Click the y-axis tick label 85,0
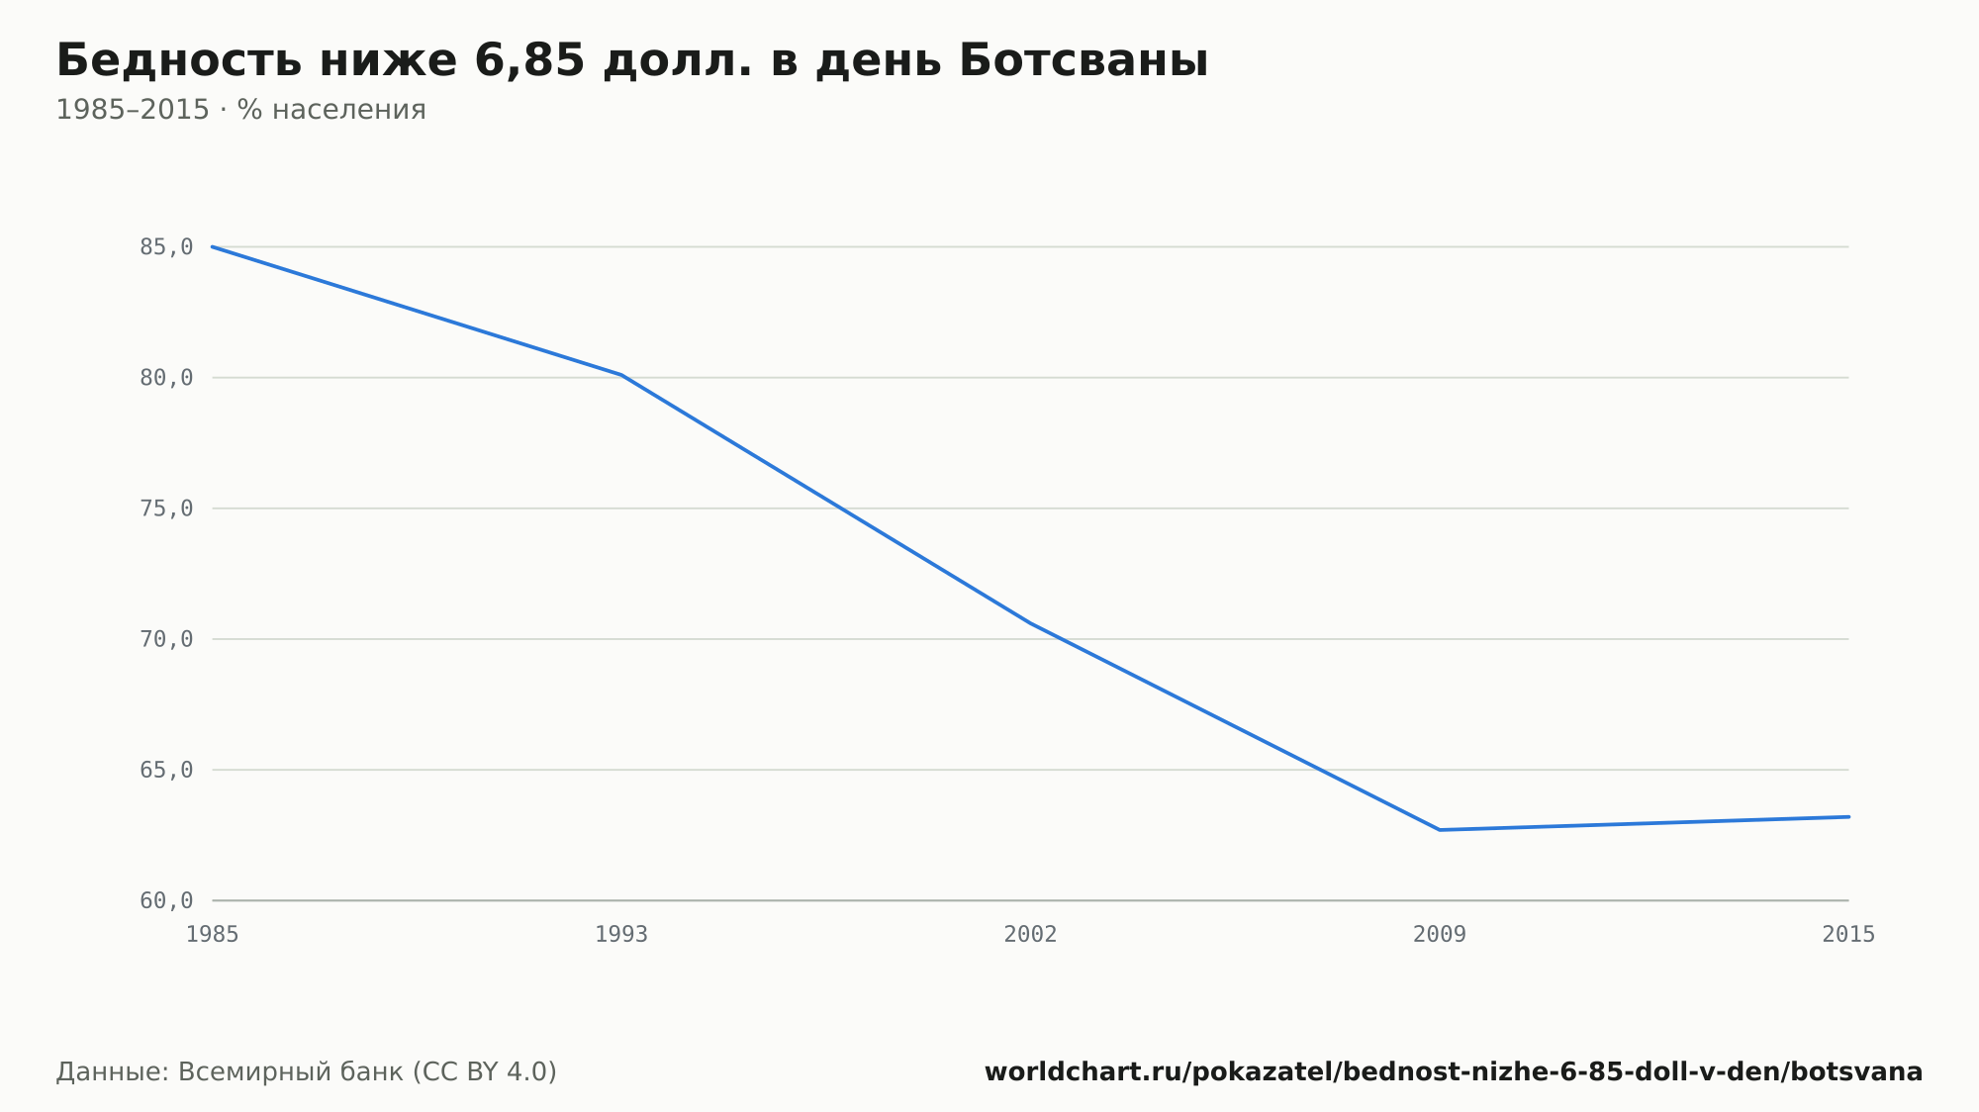(x=166, y=247)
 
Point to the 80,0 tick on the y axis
(x=166, y=378)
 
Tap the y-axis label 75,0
(x=166, y=509)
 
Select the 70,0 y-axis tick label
(x=166, y=639)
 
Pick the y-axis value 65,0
(x=166, y=770)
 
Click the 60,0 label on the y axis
(x=166, y=900)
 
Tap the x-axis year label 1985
(x=213, y=935)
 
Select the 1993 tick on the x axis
(x=621, y=935)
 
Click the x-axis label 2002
(x=1030, y=935)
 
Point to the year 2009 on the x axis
(x=1440, y=935)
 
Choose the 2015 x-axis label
(x=1848, y=935)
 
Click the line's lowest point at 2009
(x=1440, y=830)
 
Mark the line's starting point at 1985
(x=213, y=246)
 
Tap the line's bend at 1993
(x=621, y=375)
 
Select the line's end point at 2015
(x=1848, y=817)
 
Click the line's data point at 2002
(x=1030, y=623)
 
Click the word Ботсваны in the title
(x=1084, y=61)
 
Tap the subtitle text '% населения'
(x=331, y=110)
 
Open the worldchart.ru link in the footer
(x=1454, y=1072)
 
